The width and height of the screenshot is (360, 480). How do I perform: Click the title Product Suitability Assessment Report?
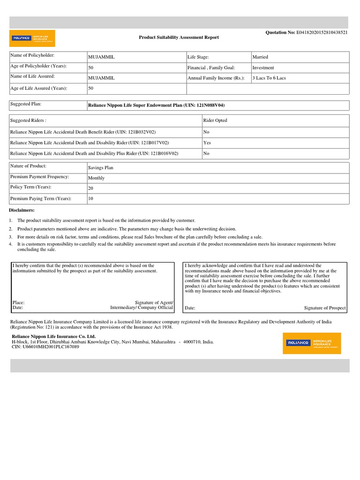[179, 37]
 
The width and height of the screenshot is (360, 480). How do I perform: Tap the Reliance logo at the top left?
[32, 38]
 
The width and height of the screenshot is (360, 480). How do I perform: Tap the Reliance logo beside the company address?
[312, 343]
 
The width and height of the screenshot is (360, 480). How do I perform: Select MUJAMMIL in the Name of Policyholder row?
[101, 57]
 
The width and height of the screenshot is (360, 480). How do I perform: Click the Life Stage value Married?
[260, 57]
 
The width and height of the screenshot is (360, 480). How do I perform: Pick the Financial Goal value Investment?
[263, 67]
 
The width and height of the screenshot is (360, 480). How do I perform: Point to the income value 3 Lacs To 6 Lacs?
[269, 78]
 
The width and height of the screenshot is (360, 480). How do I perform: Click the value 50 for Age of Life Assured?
[91, 88]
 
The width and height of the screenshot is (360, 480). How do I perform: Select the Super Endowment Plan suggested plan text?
[159, 105]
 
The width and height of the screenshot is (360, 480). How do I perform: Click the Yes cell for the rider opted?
[207, 142]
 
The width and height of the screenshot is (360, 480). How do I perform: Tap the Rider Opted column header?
[215, 120]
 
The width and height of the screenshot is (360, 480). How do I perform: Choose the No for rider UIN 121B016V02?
[207, 153]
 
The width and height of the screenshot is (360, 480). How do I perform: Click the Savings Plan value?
[100, 167]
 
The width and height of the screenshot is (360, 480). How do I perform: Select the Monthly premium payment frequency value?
[96, 178]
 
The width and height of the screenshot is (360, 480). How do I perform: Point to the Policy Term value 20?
[91, 188]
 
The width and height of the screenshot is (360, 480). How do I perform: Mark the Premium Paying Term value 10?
[91, 199]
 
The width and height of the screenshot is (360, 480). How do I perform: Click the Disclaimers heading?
[22, 210]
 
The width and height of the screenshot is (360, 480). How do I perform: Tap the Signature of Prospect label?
[324, 308]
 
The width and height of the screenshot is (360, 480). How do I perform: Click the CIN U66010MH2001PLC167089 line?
[45, 347]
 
